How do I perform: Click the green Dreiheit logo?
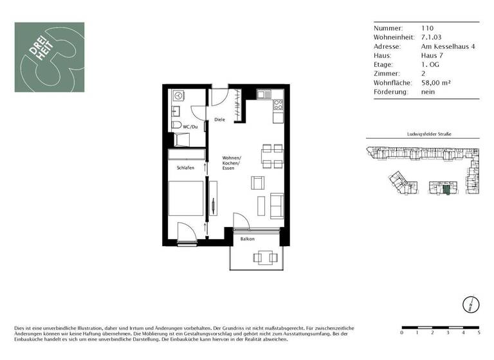click(50, 57)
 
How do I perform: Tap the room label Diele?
click(220, 120)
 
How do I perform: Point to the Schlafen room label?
click(185, 168)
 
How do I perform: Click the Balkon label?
click(248, 239)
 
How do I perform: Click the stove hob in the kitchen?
click(279, 104)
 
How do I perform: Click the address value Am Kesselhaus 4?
click(448, 46)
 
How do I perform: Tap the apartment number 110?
click(427, 28)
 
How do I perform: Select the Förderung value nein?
click(428, 92)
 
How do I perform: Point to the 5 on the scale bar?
click(479, 333)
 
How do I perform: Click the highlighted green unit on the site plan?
click(447, 188)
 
